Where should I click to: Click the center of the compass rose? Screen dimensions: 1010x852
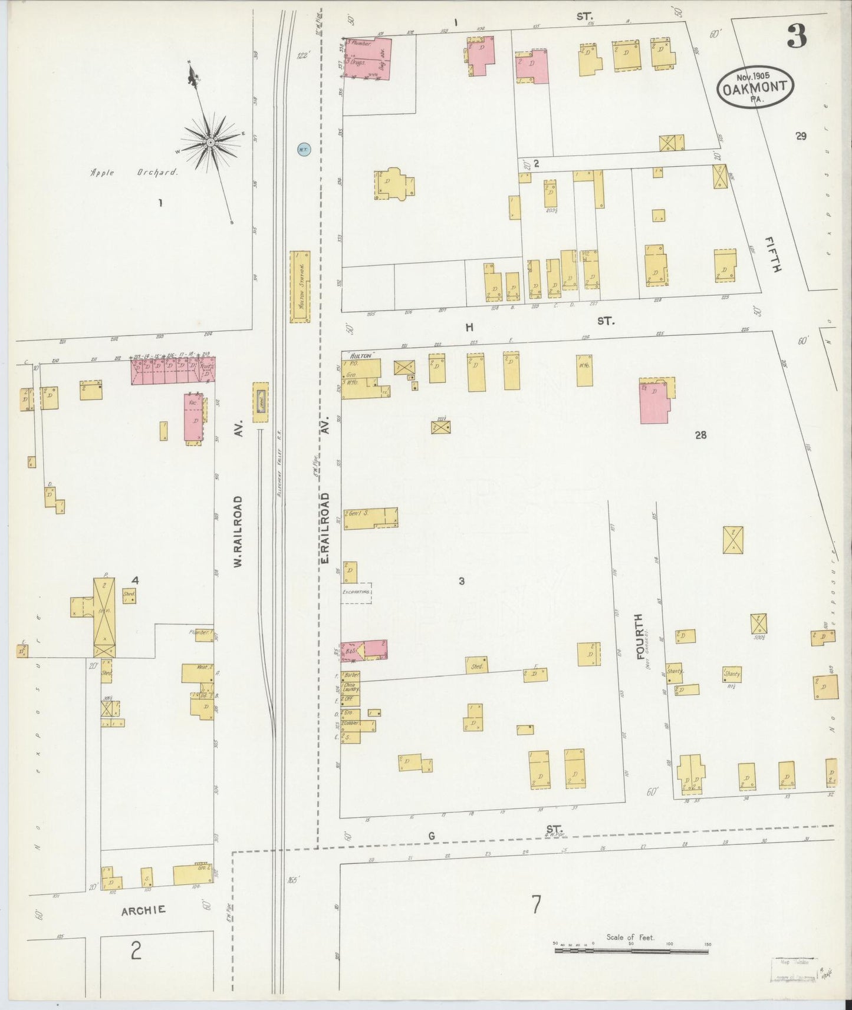(210, 143)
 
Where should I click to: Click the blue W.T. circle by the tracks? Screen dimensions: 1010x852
(302, 150)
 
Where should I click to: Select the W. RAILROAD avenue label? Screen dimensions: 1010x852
(238, 532)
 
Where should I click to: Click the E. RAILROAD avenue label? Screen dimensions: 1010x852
(325, 528)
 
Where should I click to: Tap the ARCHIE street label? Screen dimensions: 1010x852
(143, 910)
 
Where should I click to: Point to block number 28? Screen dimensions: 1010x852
(700, 435)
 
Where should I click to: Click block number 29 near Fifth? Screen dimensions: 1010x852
(800, 136)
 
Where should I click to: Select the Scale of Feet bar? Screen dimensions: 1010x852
(631, 949)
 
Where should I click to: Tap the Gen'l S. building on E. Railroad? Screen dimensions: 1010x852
(370, 517)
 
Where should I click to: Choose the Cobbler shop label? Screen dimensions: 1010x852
(352, 722)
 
